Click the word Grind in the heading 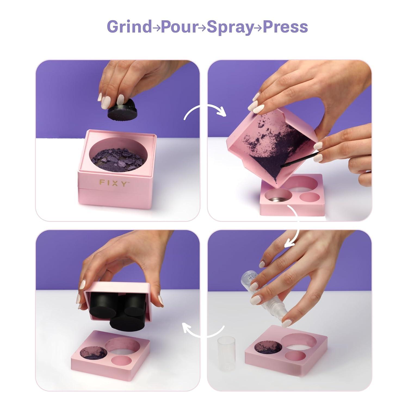(x=129, y=27)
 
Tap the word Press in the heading (x=285, y=27)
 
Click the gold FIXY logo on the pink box (x=113, y=183)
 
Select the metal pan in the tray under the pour (x=276, y=197)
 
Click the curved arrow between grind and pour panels (x=205, y=111)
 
